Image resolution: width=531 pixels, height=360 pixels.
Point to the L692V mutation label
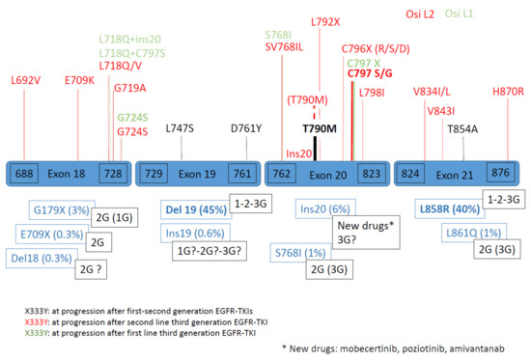[25, 80]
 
